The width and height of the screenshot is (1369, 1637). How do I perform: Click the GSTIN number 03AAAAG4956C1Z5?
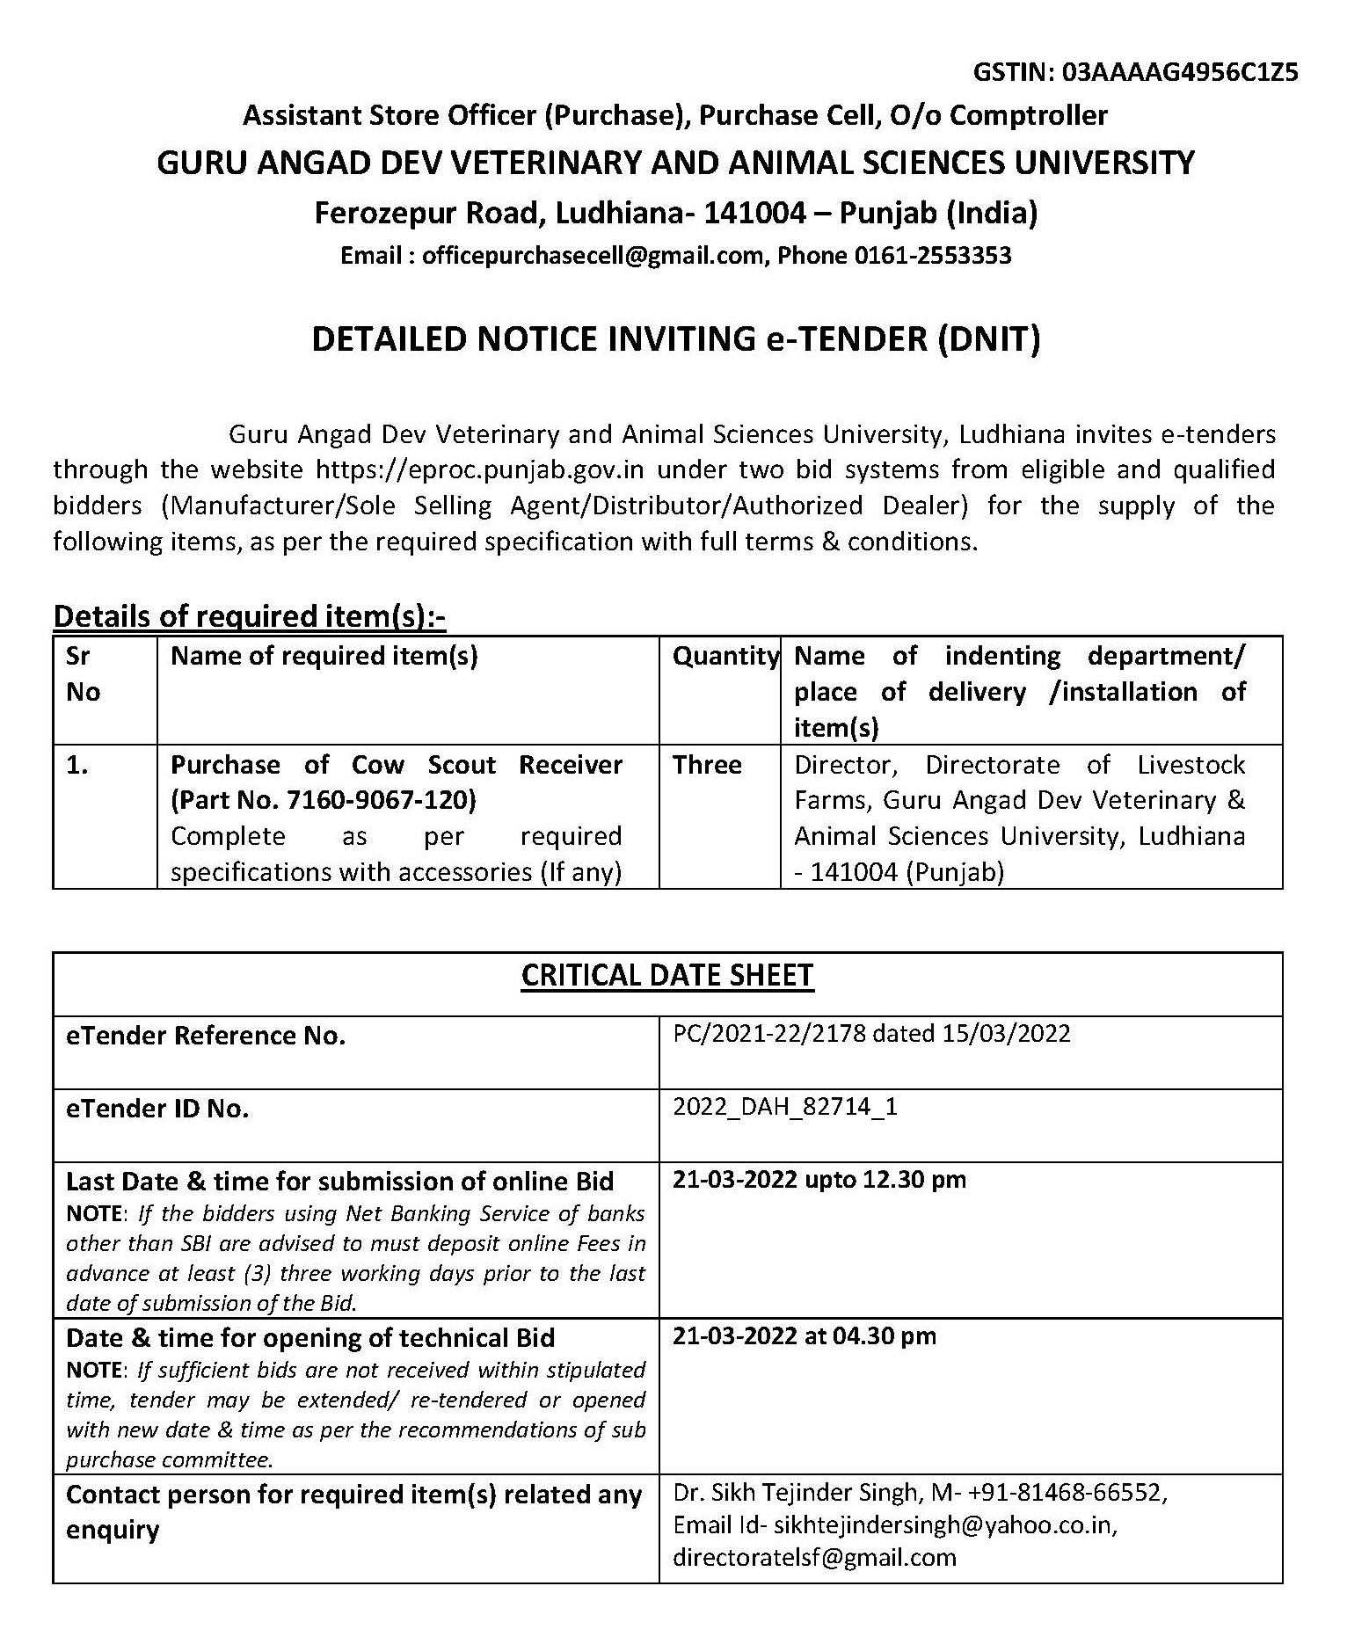pyautogui.click(x=1180, y=71)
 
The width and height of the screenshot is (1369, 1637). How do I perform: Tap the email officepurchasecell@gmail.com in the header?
pyautogui.click(x=593, y=256)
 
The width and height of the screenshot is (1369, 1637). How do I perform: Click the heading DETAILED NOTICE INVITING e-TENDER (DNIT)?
pyautogui.click(x=675, y=339)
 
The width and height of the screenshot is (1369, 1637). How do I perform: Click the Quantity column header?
pyautogui.click(x=725, y=656)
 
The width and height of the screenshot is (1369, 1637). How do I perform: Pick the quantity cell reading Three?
pyautogui.click(x=707, y=765)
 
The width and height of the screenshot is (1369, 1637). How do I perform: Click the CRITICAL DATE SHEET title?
pyautogui.click(x=667, y=976)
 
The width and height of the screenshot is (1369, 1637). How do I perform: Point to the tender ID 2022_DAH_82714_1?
pyautogui.click(x=785, y=1106)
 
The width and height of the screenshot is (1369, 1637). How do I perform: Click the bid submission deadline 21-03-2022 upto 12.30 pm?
pyautogui.click(x=819, y=1179)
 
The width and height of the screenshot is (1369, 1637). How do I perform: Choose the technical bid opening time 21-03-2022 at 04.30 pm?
pyautogui.click(x=804, y=1335)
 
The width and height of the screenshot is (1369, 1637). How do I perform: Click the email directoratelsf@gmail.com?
pyautogui.click(x=814, y=1557)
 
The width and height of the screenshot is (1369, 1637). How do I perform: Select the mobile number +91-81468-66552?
pyautogui.click(x=1068, y=1493)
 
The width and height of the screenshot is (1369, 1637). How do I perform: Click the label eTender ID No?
pyautogui.click(x=157, y=1109)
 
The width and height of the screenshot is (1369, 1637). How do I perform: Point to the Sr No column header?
pyautogui.click(x=83, y=674)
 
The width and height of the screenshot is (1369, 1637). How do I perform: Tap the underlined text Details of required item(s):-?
pyautogui.click(x=250, y=617)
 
